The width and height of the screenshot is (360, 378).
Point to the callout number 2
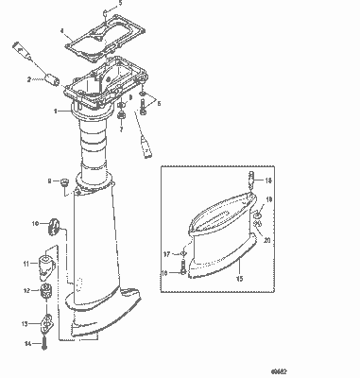tap(29, 79)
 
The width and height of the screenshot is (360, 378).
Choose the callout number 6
tap(158, 102)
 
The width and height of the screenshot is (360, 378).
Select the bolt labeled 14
tap(43, 342)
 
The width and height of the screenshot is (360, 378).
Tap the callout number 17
tap(163, 255)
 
